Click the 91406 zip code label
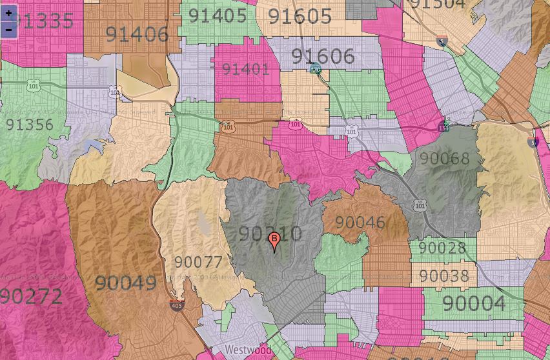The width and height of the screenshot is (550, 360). tap(136, 34)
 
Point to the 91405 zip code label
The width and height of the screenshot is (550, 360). tap(218, 15)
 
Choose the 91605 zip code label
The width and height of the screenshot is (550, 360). tap(300, 17)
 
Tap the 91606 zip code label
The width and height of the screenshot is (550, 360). tap(323, 57)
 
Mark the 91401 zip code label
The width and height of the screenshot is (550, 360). tap(245, 69)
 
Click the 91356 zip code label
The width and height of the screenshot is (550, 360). tap(30, 125)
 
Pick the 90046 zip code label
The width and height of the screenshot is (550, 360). tap(360, 223)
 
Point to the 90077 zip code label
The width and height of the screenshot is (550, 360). tap(198, 263)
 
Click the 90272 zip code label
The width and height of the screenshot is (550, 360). tap(31, 297)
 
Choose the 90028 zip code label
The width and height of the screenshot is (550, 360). tap(442, 248)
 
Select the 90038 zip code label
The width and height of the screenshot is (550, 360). tap(444, 276)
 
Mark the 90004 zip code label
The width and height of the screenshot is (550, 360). tap(474, 303)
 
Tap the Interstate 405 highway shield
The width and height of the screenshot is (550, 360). tap(176, 305)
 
